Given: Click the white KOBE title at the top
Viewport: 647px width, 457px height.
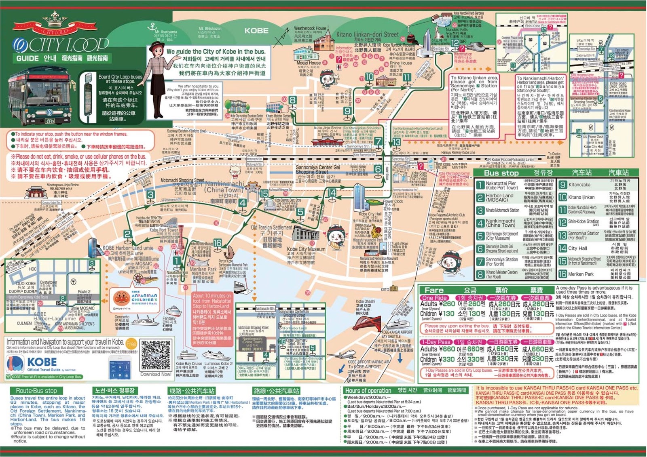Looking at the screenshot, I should tap(256, 31).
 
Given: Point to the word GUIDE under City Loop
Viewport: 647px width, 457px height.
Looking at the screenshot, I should tap(27, 58).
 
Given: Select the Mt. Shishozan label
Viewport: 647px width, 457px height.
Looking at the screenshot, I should tap(210, 29).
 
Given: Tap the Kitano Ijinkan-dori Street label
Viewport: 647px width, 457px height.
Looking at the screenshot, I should tap(367, 35).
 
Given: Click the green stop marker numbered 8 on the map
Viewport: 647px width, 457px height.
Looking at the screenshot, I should tap(292, 100).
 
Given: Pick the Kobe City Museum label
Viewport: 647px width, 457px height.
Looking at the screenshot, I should tap(306, 249).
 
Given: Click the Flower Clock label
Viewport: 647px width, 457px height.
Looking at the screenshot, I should tap(393, 201).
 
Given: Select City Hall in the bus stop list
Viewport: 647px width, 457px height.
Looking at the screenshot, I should tap(577, 249).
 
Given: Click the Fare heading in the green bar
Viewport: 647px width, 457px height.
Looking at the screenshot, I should tap(434, 290).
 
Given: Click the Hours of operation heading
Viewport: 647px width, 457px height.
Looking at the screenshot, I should tap(368, 391).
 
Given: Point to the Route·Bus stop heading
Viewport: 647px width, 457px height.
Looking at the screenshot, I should tap(36, 391).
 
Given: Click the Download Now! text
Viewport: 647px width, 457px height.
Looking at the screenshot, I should tap(156, 374).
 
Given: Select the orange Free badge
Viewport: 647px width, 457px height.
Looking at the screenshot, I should tap(131, 344).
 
